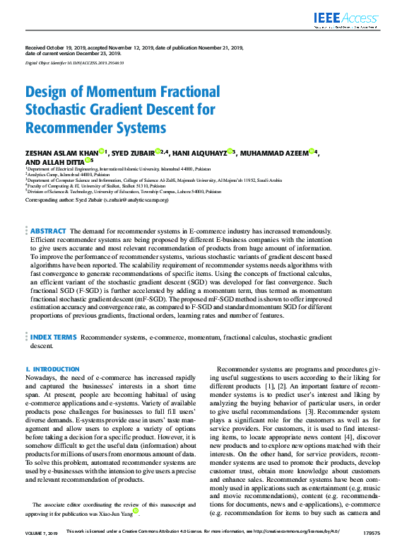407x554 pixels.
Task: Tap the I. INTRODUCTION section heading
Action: pos(52,369)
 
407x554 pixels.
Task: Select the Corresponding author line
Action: pos(97,200)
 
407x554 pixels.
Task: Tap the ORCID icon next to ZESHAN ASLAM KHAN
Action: pos(102,151)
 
